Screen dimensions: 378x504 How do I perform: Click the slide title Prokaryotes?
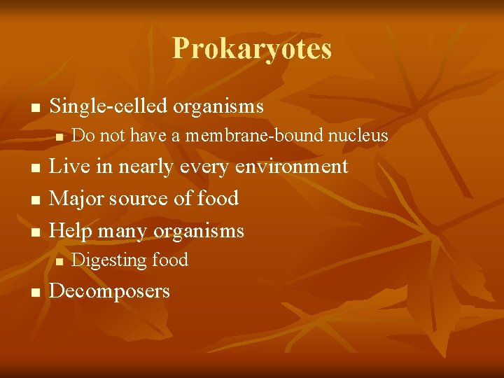point(252,48)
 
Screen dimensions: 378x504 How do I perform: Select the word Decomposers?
point(110,290)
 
